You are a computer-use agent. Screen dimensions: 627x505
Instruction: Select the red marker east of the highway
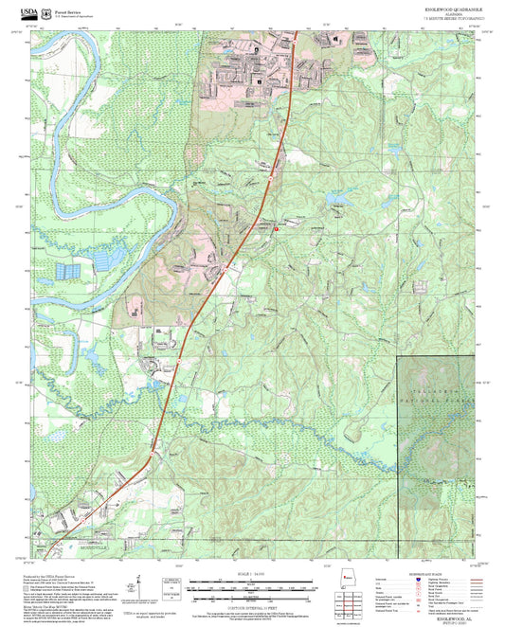click(x=276, y=228)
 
